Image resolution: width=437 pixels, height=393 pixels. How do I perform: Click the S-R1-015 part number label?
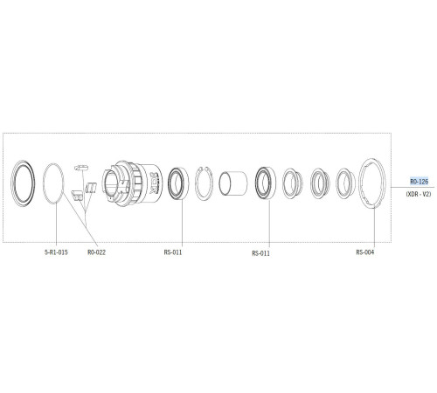pyautogui.click(x=57, y=252)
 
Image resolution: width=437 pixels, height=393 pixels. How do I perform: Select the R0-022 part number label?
pyautogui.click(x=97, y=252)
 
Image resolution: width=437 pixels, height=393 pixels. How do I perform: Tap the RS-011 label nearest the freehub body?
pyautogui.click(x=173, y=252)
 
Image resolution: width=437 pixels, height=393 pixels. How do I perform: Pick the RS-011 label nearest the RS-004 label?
pyautogui.click(x=261, y=253)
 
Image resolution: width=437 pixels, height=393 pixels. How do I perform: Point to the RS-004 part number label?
pyautogui.click(x=365, y=252)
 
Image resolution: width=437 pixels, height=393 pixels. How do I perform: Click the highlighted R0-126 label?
pyautogui.click(x=419, y=181)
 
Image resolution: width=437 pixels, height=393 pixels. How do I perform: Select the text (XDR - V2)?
pyautogui.click(x=419, y=194)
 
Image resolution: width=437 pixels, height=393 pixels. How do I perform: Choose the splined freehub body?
pyautogui.click(x=131, y=183)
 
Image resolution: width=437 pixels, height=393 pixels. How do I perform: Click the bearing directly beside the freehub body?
pyautogui.click(x=181, y=183)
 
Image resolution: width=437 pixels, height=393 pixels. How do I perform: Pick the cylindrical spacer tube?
pyautogui.click(x=233, y=184)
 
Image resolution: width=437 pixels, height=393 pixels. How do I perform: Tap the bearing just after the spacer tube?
pyautogui.click(x=264, y=183)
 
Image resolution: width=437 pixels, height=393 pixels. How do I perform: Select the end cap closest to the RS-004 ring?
pyautogui.click(x=343, y=183)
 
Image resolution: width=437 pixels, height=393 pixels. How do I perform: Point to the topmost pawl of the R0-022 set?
pyautogui.click(x=84, y=165)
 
